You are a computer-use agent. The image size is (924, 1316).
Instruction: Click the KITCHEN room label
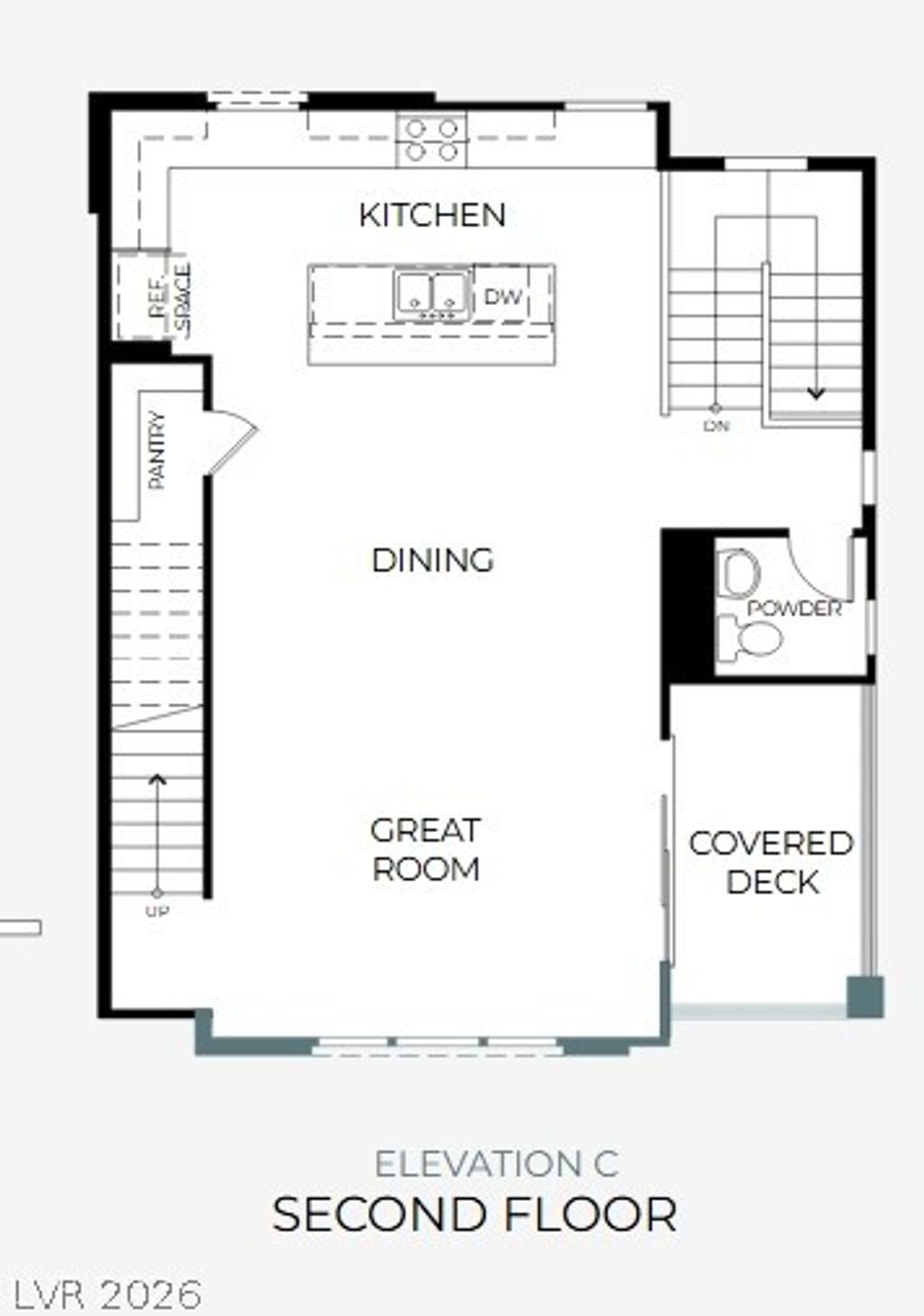click(432, 216)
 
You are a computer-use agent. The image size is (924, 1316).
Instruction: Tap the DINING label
click(433, 561)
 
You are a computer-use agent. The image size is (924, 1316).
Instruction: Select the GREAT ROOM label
click(426, 849)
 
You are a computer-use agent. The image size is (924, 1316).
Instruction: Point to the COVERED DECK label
click(772, 862)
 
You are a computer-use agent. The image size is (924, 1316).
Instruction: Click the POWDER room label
click(794, 608)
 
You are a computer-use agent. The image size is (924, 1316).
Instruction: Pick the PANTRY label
click(158, 450)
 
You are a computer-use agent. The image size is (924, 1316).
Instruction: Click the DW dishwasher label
click(503, 296)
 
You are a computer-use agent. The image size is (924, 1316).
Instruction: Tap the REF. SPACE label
click(171, 298)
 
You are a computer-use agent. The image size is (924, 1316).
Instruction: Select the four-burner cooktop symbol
click(431, 141)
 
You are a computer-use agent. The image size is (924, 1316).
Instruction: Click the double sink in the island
click(431, 294)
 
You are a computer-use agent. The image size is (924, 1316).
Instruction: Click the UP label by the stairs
click(157, 912)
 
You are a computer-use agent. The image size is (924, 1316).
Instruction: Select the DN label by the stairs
click(716, 425)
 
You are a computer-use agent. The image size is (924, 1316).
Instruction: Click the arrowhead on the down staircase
click(816, 393)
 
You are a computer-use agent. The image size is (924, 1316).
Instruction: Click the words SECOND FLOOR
click(475, 1214)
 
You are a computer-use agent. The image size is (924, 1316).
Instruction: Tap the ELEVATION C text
click(496, 1163)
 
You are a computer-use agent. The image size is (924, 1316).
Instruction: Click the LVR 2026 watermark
click(107, 1294)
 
